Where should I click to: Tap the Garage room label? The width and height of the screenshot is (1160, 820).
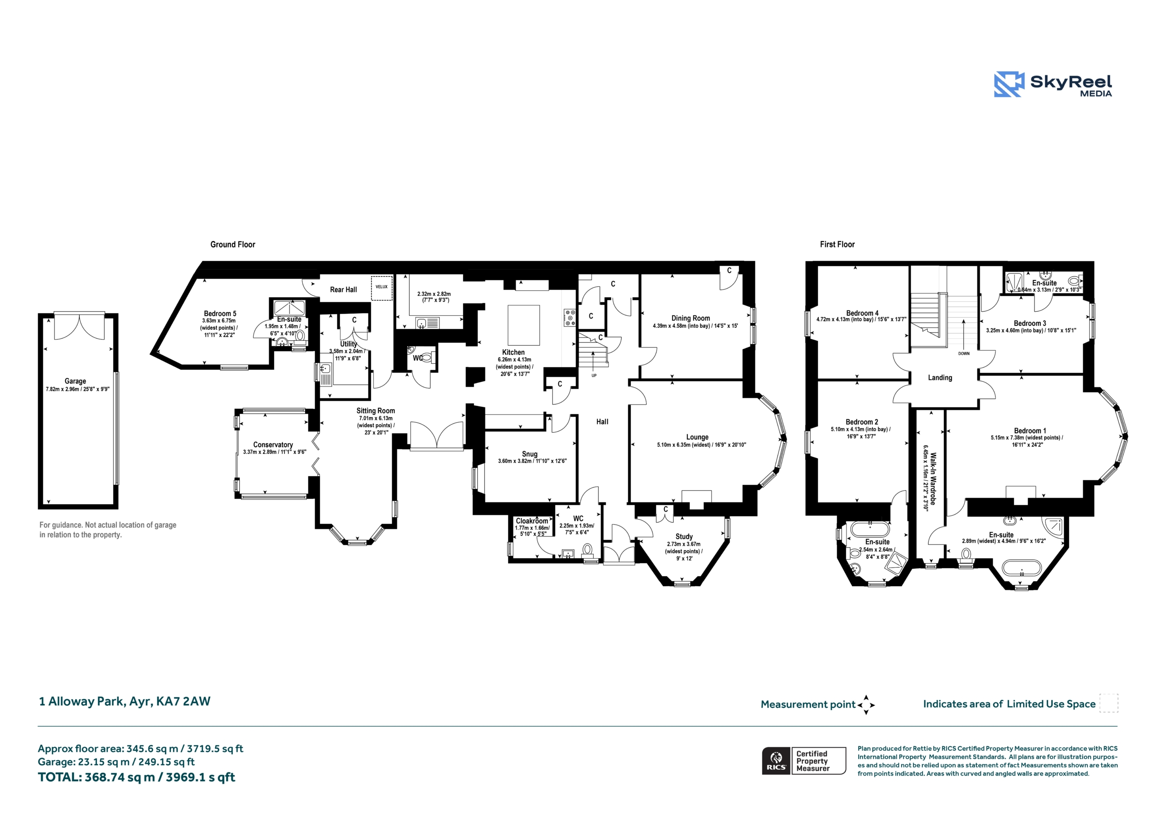click(x=75, y=381)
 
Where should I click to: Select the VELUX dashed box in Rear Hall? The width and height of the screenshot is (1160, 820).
click(x=382, y=288)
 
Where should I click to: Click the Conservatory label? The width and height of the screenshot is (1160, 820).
click(x=273, y=444)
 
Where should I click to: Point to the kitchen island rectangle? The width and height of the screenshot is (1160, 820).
click(x=523, y=325)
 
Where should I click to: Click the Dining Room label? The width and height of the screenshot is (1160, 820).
click(x=690, y=318)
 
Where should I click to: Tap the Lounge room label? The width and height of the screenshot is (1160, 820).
click(x=697, y=437)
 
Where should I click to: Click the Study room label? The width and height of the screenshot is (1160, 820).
click(x=684, y=536)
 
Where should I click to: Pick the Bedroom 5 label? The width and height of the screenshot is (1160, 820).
click(x=220, y=314)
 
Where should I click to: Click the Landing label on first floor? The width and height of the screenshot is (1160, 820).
click(x=940, y=377)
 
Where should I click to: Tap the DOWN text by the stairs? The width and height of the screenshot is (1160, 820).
click(x=964, y=354)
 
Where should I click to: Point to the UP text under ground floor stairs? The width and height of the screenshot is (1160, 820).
click(x=594, y=376)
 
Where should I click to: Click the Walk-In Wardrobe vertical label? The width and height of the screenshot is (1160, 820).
click(x=933, y=478)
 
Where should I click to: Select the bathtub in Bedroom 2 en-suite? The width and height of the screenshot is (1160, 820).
click(x=870, y=530)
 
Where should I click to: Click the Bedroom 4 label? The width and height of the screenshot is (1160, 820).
click(x=862, y=313)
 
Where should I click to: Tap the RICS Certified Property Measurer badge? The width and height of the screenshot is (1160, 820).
click(x=804, y=761)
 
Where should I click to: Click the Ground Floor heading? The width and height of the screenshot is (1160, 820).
click(x=232, y=245)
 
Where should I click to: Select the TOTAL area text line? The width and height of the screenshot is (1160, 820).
click(x=136, y=777)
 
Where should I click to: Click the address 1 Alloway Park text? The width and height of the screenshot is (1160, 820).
click(x=124, y=701)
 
